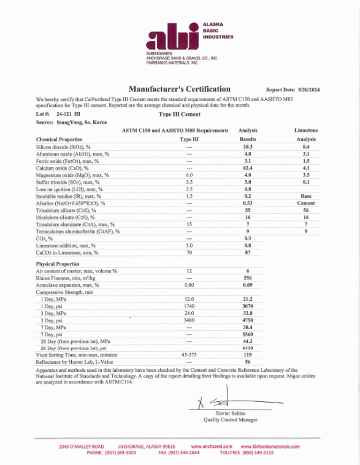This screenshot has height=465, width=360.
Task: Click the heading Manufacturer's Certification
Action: pyautogui.click(x=180, y=89)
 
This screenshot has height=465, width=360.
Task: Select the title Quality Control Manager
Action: pyautogui.click(x=230, y=420)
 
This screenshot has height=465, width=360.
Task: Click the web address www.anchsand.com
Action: pyautogui.click(x=212, y=447)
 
